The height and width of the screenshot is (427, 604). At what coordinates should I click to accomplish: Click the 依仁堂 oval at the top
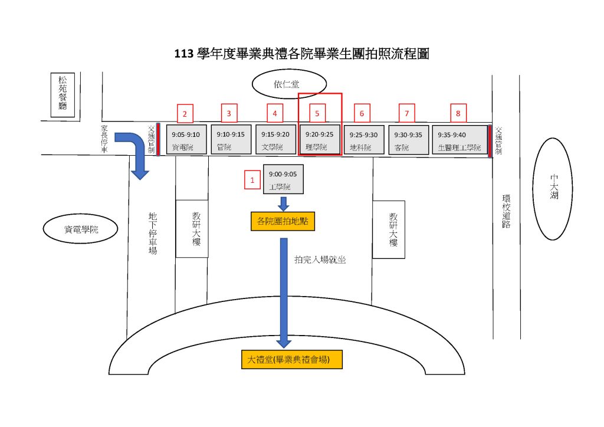(x=290, y=85)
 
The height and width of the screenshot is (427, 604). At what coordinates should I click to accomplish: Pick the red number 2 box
(x=185, y=113)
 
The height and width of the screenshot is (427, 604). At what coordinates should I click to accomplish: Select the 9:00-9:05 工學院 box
(x=283, y=179)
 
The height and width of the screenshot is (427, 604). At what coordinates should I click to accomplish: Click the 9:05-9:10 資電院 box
(x=186, y=140)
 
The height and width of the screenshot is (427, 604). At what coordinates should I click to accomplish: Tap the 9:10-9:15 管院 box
(x=231, y=140)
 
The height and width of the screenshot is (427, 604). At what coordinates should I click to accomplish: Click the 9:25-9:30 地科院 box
(x=363, y=140)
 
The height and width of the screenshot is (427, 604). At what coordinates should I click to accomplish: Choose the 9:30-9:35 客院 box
(x=408, y=140)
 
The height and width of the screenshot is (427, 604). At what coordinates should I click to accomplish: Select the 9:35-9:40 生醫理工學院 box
(x=459, y=140)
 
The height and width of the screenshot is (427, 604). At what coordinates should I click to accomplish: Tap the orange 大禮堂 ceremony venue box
(x=284, y=359)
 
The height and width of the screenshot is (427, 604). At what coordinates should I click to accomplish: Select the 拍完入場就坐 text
(x=319, y=258)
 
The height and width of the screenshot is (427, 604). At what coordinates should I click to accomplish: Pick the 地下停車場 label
(x=152, y=234)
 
